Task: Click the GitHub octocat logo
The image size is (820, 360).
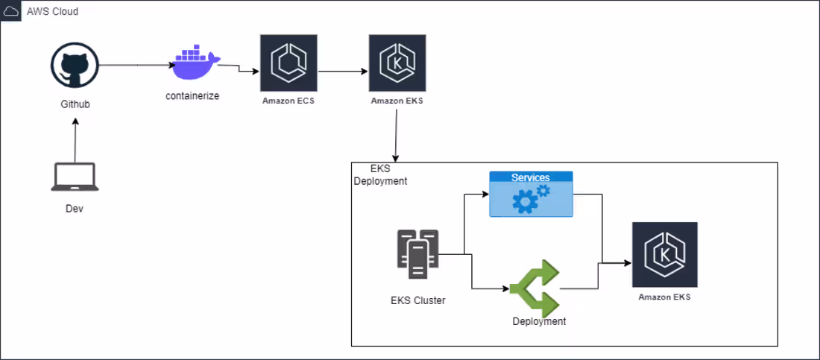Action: tap(75, 66)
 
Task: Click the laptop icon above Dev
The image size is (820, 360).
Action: tap(75, 177)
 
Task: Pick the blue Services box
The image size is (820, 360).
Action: tap(531, 195)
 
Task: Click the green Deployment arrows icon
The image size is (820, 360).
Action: tap(534, 288)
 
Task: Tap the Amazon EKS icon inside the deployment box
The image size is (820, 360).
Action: tap(664, 254)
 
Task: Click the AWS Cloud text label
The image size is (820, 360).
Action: tap(52, 12)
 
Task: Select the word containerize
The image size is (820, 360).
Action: tap(192, 96)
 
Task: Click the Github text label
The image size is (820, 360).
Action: tap(75, 104)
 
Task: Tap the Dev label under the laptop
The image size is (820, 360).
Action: tap(75, 209)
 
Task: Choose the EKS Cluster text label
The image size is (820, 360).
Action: tap(418, 301)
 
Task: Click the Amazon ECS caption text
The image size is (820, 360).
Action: tap(288, 101)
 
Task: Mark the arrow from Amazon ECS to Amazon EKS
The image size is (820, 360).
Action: tap(343, 72)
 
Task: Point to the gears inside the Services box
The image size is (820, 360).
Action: tap(532, 199)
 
